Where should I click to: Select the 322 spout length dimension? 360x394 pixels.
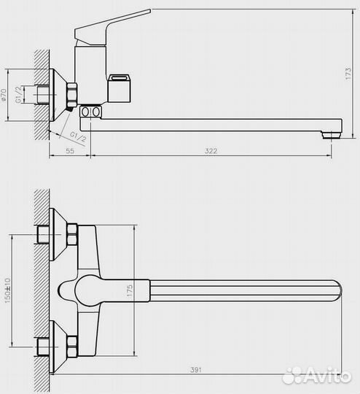tap(211, 150)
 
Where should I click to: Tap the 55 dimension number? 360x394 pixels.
tap(70, 150)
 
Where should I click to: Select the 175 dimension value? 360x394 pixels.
tap(129, 289)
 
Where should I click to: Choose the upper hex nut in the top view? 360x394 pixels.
tap(72, 235)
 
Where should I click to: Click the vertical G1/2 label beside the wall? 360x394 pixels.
tap(25, 94)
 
